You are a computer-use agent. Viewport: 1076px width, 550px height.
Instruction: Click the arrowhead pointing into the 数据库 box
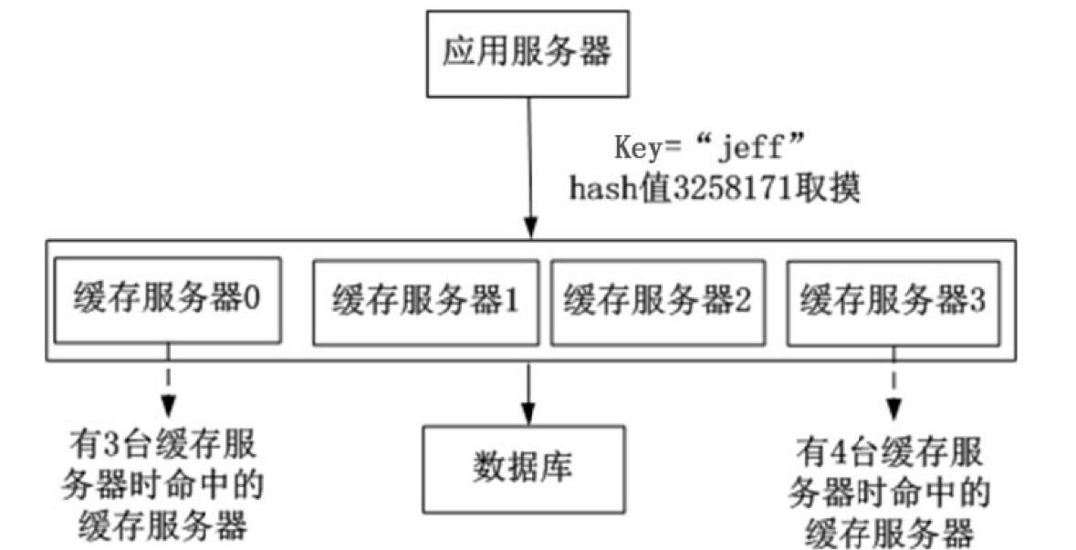coord(526,412)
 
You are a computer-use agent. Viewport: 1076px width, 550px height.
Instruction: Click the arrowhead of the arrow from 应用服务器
coord(528,229)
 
